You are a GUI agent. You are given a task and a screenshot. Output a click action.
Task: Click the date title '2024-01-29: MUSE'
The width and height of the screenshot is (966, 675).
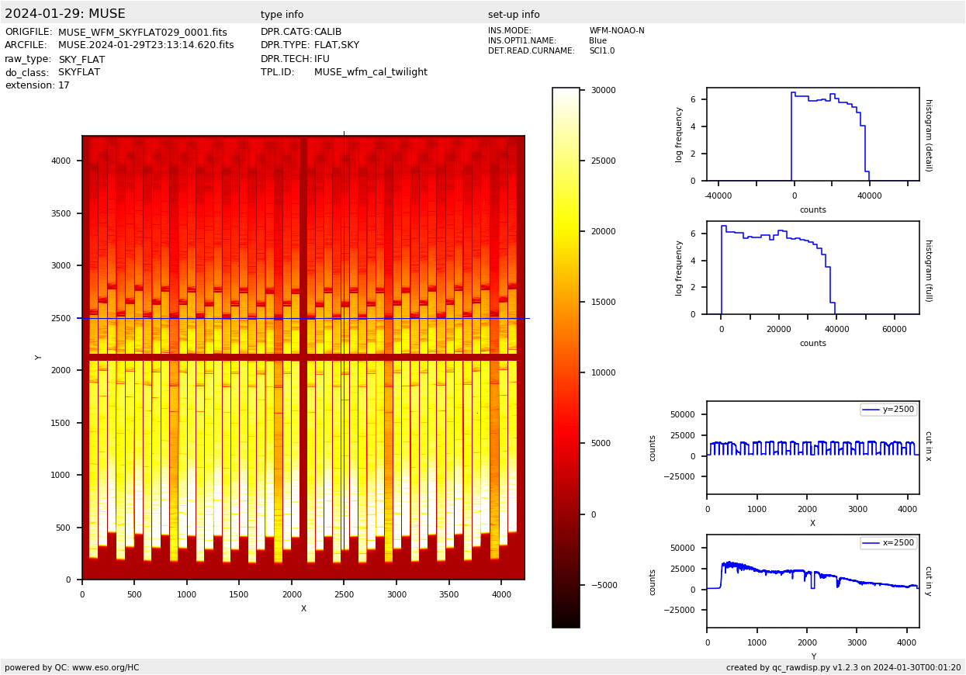[x=65, y=14]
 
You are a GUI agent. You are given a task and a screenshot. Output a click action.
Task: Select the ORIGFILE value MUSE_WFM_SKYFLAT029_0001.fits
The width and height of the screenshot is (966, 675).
[x=143, y=33]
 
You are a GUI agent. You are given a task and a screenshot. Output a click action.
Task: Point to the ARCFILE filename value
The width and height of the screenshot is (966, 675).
[x=146, y=46]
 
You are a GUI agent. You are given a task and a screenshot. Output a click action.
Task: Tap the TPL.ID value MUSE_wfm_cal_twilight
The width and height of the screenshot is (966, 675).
[x=370, y=72]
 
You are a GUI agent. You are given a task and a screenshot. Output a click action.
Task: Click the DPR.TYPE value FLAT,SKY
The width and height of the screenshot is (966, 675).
[x=336, y=46]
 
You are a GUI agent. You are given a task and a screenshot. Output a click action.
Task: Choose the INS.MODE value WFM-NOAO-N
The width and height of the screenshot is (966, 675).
[x=616, y=31]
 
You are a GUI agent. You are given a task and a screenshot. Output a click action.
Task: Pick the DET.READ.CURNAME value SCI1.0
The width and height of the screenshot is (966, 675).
[x=601, y=51]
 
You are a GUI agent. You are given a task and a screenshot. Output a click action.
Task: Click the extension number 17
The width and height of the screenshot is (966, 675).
[x=64, y=86]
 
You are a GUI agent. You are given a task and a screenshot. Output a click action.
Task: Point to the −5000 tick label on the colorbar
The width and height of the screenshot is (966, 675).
[x=601, y=586]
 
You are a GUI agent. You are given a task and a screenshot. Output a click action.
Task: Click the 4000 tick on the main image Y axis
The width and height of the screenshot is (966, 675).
[x=61, y=161]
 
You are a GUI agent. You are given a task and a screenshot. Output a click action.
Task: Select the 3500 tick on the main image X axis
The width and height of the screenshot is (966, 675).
[x=448, y=595]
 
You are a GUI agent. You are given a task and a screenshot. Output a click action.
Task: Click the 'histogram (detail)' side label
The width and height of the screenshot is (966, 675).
[x=928, y=135]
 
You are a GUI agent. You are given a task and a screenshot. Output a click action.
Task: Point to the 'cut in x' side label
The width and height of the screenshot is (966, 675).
[x=928, y=446]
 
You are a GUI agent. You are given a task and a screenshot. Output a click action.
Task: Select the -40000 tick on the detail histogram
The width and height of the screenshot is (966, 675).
[x=718, y=196]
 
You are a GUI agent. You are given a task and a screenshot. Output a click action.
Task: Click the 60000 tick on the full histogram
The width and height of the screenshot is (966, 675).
[x=895, y=330]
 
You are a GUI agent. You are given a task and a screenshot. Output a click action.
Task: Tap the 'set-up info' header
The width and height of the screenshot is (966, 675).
[x=514, y=15]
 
